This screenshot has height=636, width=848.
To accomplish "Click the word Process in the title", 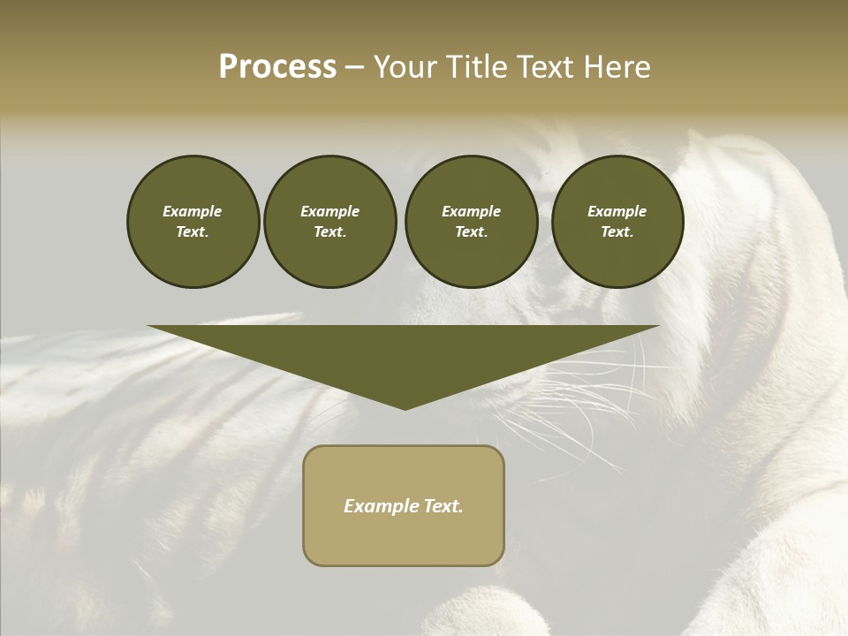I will point(277,67).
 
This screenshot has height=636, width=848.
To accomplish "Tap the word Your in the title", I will point(405,67).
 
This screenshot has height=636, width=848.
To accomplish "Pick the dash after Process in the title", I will point(355,69).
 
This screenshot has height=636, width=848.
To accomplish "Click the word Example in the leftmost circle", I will point(193,211).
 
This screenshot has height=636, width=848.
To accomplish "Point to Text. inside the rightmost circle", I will point(617,231).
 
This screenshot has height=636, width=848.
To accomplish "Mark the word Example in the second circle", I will point(329,211).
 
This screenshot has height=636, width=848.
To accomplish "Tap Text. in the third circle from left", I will point(471,231).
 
